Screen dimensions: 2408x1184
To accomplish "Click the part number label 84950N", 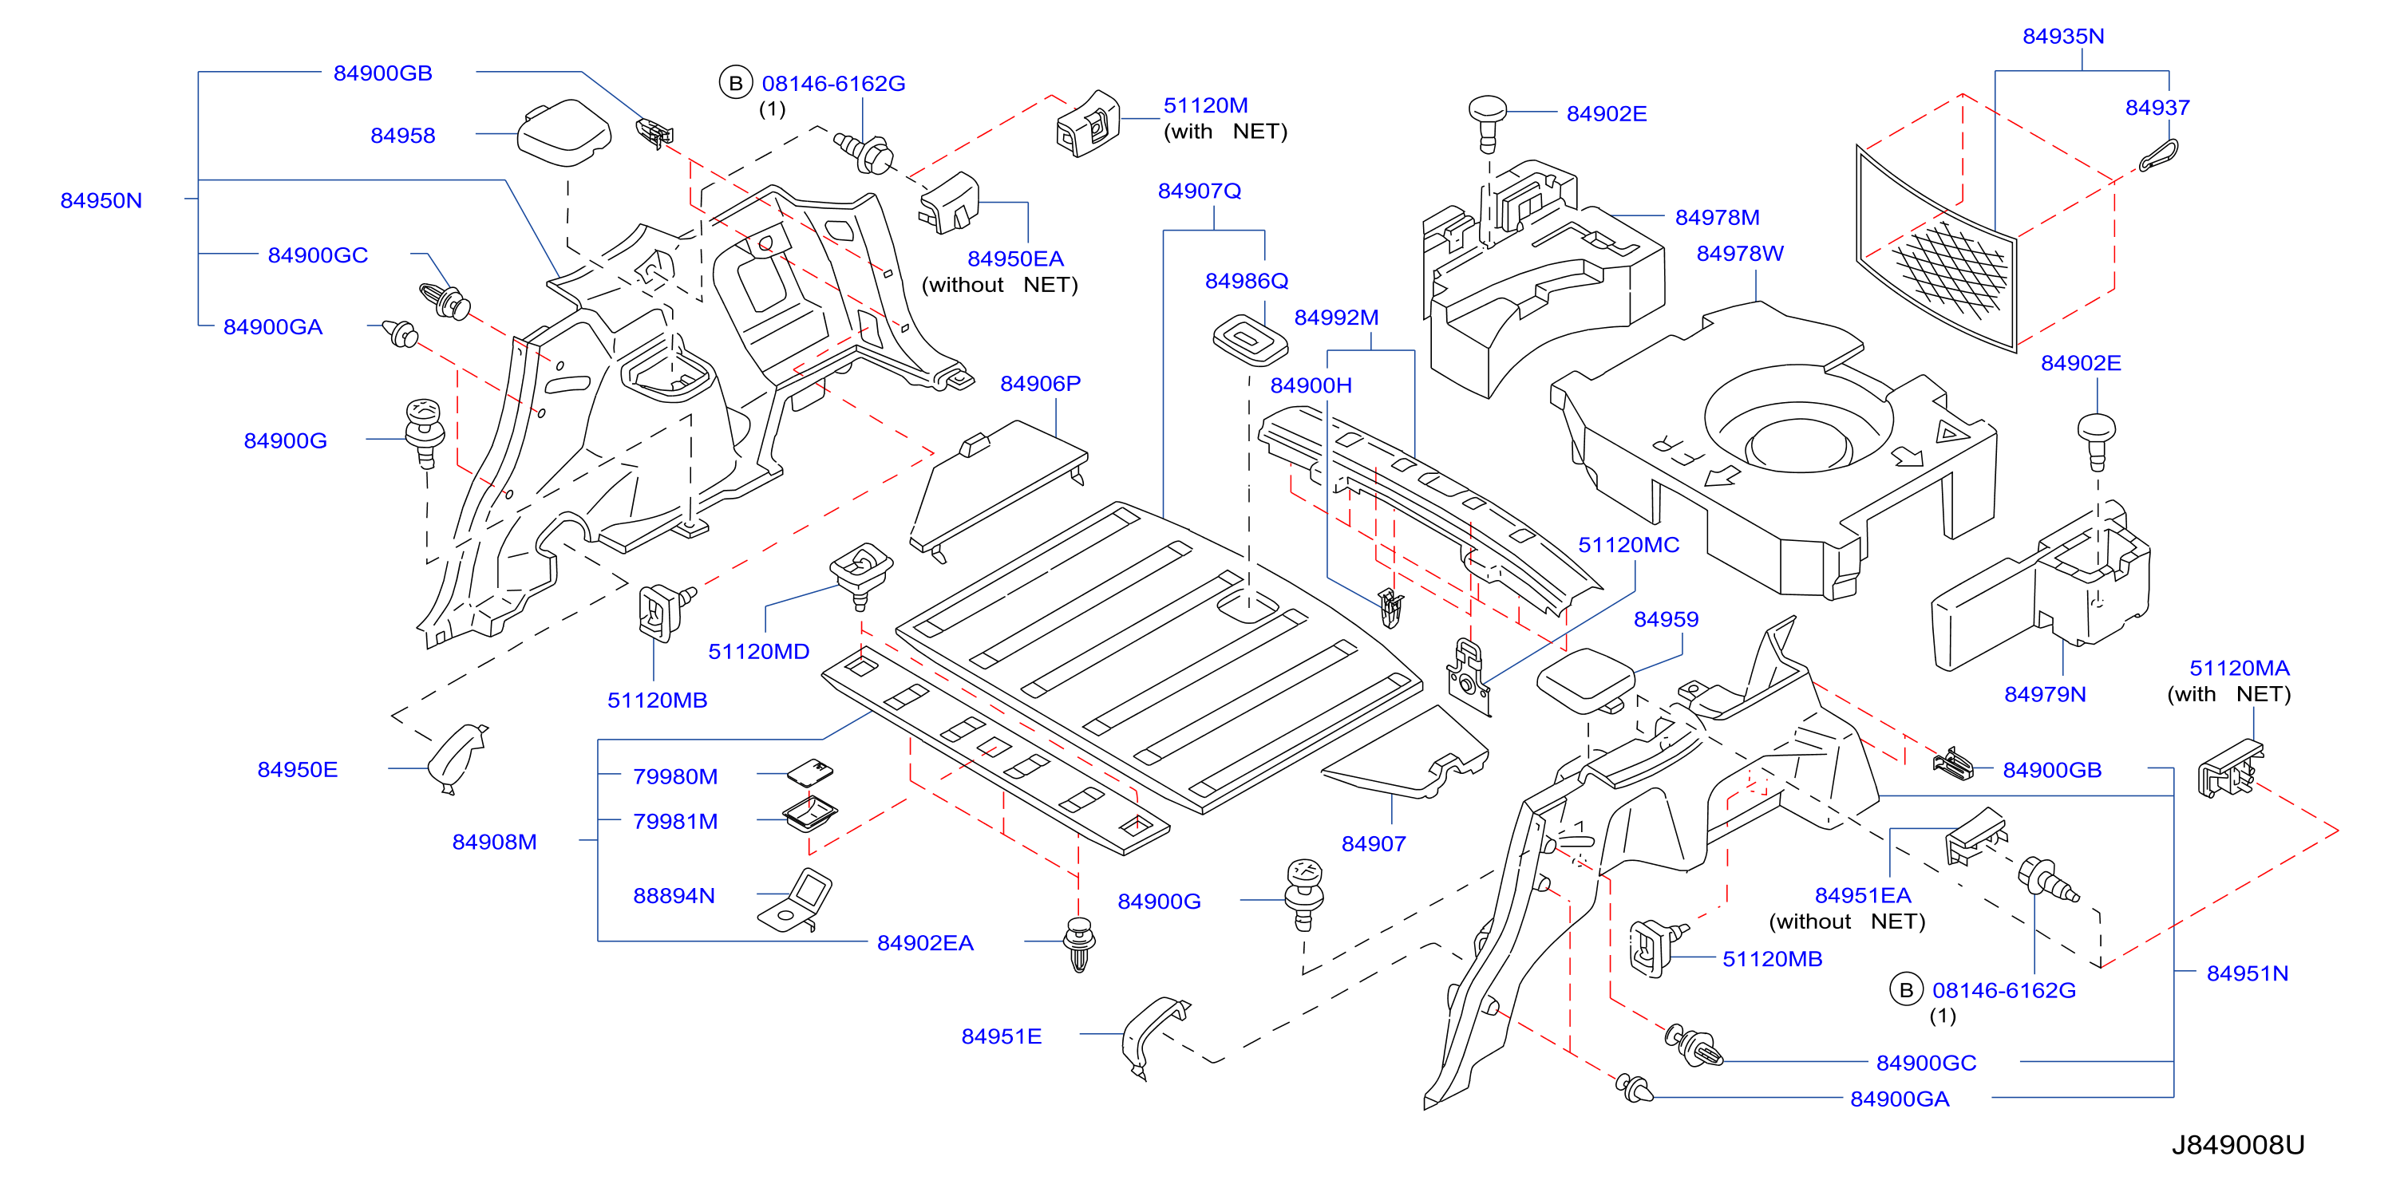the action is pyautogui.click(x=101, y=200).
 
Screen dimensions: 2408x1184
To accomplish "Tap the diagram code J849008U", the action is pyautogui.click(x=2237, y=1145).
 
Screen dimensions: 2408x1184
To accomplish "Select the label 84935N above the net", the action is pyautogui.click(x=2063, y=37).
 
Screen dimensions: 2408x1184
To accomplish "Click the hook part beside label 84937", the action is pyautogui.click(x=2159, y=156).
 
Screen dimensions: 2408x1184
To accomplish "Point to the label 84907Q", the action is pyautogui.click(x=1200, y=191).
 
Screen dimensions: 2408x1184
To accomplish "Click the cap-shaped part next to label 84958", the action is pyautogui.click(x=563, y=132).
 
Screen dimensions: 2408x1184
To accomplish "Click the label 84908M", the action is pyautogui.click(x=495, y=842).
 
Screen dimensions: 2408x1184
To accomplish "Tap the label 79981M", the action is pyautogui.click(x=675, y=822).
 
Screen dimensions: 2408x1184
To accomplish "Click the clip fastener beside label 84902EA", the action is pyautogui.click(x=1080, y=944).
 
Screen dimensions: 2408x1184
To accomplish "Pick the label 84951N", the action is pyautogui.click(x=2248, y=973).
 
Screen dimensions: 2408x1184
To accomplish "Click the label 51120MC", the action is pyautogui.click(x=1628, y=545).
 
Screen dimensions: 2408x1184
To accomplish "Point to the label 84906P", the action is pyautogui.click(x=1041, y=383).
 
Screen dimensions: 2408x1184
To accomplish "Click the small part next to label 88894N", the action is pyautogui.click(x=796, y=901).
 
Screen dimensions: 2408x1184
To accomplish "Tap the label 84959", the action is pyautogui.click(x=1666, y=620).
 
